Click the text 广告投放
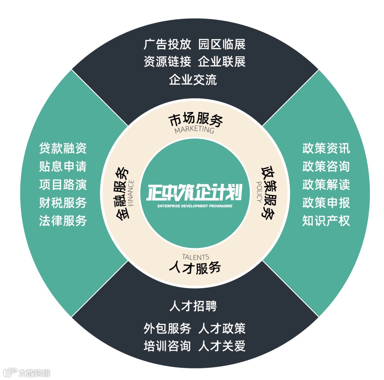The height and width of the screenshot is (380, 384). point(167,45)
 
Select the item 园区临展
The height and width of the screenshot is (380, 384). point(222,45)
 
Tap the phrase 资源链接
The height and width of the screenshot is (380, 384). point(167,62)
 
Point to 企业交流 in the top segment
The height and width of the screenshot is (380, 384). point(193,79)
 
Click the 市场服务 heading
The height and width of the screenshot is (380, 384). point(195,120)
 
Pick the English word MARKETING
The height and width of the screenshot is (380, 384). point(194,130)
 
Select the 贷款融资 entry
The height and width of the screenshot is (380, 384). point(63,148)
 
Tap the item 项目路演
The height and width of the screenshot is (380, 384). point(63,185)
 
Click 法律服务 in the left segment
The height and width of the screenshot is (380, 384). point(63,221)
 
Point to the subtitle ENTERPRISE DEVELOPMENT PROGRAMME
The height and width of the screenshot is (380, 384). point(195,206)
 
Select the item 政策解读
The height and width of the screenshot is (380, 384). point(326,185)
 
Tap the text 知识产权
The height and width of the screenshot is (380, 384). point(326,221)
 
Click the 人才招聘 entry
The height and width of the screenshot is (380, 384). point(193,306)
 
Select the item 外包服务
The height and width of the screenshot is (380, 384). point(167,329)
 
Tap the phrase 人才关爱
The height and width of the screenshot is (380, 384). point(222,346)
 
